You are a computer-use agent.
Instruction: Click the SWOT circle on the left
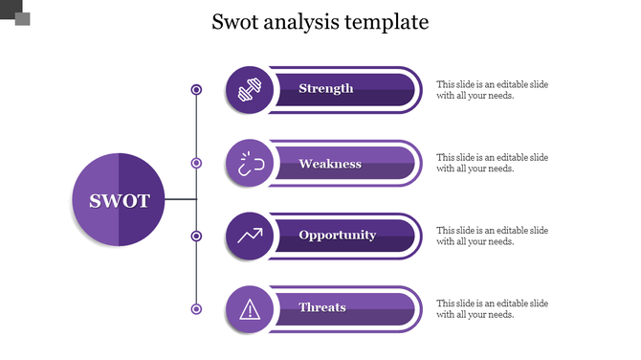tap(120, 200)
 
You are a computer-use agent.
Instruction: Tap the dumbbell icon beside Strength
tap(249, 90)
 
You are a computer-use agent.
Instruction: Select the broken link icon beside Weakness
tap(249, 164)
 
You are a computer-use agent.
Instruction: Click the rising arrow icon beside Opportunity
tap(249, 236)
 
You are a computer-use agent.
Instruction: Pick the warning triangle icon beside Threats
tap(249, 308)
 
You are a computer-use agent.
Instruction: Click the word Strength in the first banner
tap(326, 89)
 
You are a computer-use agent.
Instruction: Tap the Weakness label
tap(330, 164)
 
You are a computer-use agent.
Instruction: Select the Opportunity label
tap(337, 236)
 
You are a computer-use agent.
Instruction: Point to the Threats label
tap(322, 307)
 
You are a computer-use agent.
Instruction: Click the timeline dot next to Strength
tap(196, 90)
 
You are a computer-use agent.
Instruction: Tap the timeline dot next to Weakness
tap(196, 164)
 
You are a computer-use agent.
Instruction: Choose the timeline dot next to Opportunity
tap(196, 236)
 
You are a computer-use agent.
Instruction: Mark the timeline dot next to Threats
tap(196, 308)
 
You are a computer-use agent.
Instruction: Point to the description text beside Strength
tap(492, 90)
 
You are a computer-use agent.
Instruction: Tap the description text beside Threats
tap(492, 308)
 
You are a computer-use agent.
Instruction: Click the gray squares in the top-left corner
tap(17, 14)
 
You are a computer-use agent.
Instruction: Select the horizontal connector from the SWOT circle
tap(180, 200)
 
